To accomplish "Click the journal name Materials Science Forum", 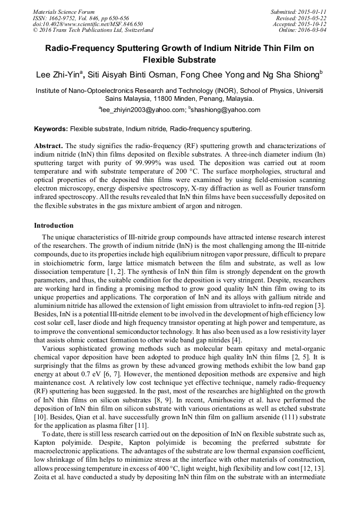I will pos(64,12).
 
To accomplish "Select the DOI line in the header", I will pos(88,24).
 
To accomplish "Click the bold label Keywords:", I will pos(51,129).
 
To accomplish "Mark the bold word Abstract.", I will pos(48,145).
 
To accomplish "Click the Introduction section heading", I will pos(54,226).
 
